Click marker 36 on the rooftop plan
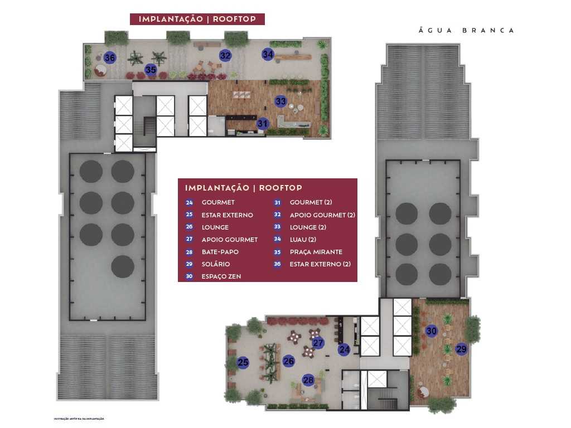click(x=110, y=57)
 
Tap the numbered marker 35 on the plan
click(x=151, y=70)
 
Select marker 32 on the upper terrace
click(x=225, y=55)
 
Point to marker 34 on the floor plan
click(x=268, y=54)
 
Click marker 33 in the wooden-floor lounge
click(x=280, y=101)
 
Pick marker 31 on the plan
click(x=263, y=124)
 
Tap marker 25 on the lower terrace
click(x=243, y=363)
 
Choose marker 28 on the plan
click(x=308, y=380)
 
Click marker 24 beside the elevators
click(x=344, y=350)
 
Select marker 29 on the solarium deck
click(x=461, y=349)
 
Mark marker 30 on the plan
click(x=431, y=330)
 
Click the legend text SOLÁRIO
click(x=215, y=264)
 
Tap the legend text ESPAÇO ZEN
click(x=221, y=276)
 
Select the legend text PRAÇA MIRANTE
click(x=316, y=252)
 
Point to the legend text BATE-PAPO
click(x=220, y=252)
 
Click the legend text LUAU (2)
click(x=303, y=240)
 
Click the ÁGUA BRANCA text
click(x=466, y=31)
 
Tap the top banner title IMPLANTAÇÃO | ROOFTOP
click(x=197, y=19)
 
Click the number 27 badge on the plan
click(x=318, y=343)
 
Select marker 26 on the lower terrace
click(x=288, y=361)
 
